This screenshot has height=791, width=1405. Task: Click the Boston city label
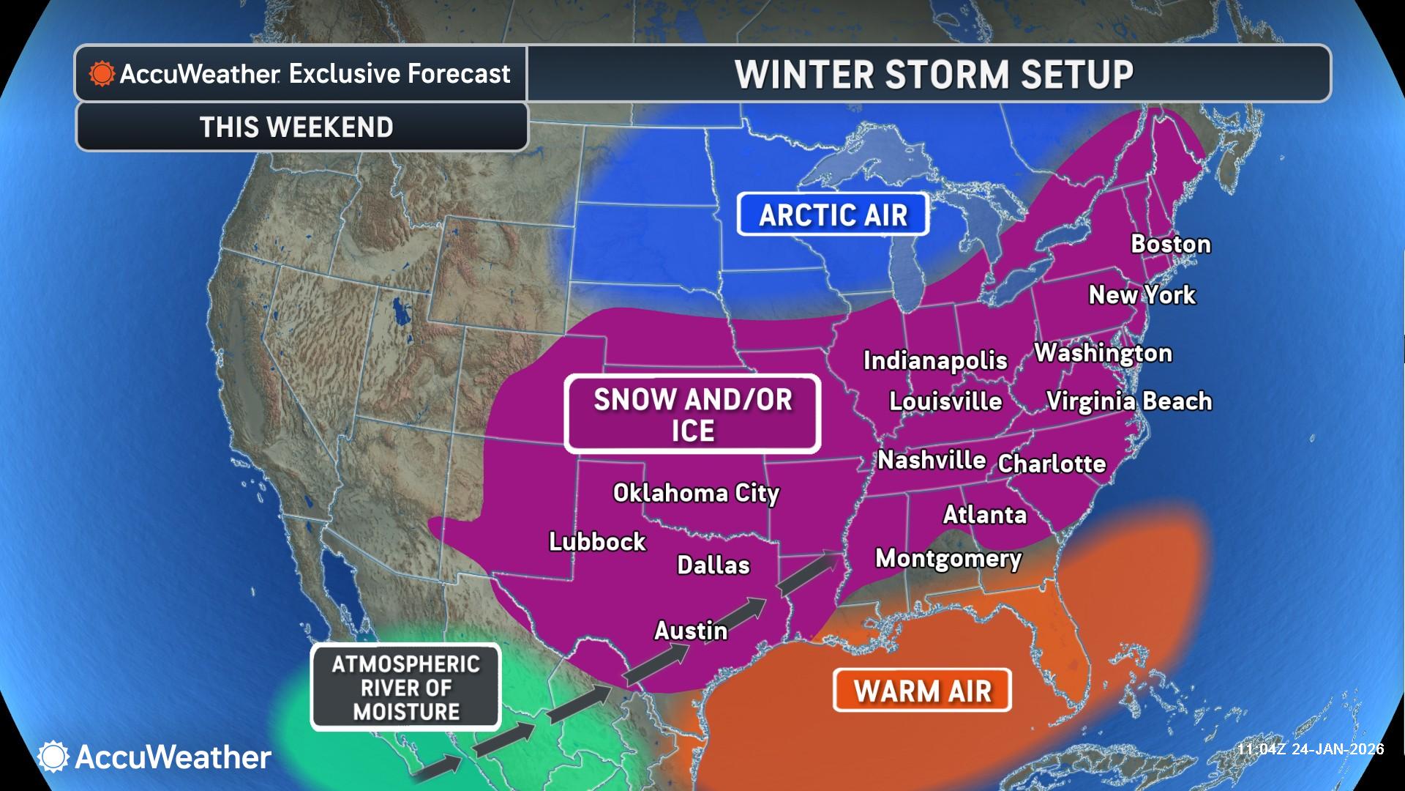[1171, 244]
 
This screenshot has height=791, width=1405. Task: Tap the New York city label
[1142, 294]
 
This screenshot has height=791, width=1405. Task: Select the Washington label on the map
[1103, 353]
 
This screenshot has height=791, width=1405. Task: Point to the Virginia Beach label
[1128, 401]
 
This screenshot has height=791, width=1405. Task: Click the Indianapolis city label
[935, 360]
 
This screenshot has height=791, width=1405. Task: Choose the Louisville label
[945, 401]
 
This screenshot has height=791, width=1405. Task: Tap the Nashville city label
[932, 460]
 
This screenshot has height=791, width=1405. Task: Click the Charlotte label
[1052, 464]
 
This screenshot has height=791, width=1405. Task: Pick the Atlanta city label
[984, 515]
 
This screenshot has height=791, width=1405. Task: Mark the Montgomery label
[948, 559]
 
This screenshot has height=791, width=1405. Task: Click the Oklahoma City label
[696, 493]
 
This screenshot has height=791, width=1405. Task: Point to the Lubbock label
[597, 542]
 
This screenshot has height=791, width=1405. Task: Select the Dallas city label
[713, 565]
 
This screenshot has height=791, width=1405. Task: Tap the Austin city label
[691, 631]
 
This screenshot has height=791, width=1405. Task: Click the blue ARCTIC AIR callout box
[833, 215]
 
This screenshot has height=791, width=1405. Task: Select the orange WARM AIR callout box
[922, 691]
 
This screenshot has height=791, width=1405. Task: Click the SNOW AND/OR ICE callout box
[692, 415]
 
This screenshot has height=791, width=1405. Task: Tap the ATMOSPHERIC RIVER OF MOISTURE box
[406, 688]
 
